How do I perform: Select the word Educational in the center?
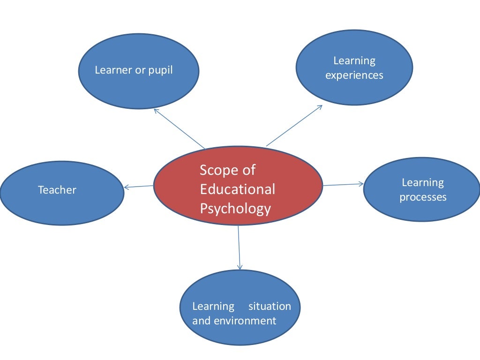(x=237, y=189)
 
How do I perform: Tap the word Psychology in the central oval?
(x=235, y=208)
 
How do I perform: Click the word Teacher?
(x=57, y=190)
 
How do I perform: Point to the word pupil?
(x=158, y=70)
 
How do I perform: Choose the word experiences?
(x=354, y=75)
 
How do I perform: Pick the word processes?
(x=423, y=197)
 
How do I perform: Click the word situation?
(x=270, y=306)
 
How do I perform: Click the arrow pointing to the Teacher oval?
(x=139, y=187)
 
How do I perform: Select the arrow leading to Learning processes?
(x=343, y=184)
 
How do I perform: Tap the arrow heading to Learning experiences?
(x=294, y=125)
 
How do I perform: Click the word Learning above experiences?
(x=354, y=60)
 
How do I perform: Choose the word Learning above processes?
(x=423, y=182)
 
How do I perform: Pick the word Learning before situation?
(x=213, y=306)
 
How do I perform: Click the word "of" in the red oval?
(x=248, y=170)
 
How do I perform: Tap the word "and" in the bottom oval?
(x=202, y=321)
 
